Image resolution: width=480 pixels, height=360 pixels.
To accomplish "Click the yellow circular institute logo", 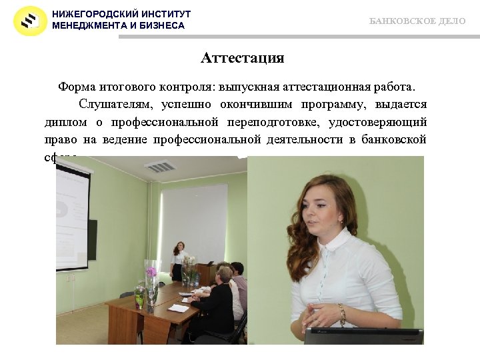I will pos(30,20).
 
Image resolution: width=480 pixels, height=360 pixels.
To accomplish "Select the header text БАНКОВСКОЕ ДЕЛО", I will pos(417,21).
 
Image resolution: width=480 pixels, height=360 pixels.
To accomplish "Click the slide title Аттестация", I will pos(243,58).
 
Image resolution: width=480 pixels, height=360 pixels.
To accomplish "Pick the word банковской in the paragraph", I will pos(393,139).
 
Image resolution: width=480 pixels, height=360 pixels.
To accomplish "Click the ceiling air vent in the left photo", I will pos(160,167).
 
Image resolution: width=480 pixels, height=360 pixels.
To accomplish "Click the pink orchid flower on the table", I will pos(151,272).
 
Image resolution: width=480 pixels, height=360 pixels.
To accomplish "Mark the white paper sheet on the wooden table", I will pos(178,308).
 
